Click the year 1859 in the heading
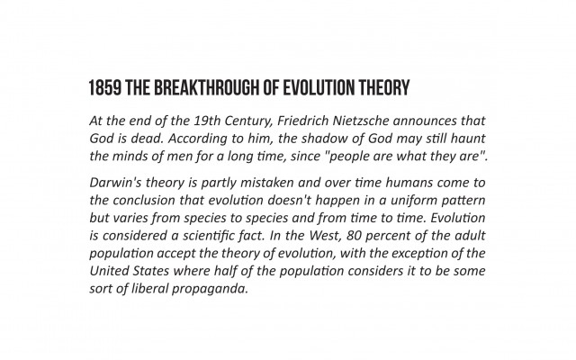coord(105,88)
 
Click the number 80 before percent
coord(354,236)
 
